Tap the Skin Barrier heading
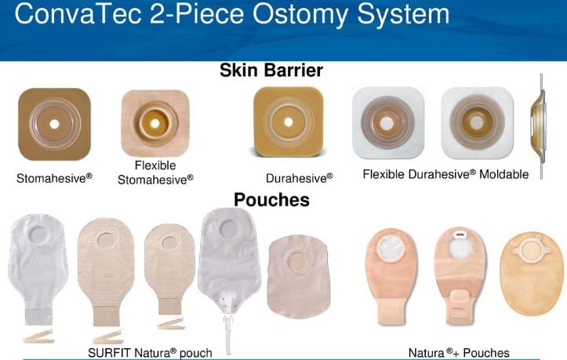pyautogui.click(x=272, y=71)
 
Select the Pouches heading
pyautogui.click(x=271, y=199)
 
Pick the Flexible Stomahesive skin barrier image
pyautogui.click(x=155, y=124)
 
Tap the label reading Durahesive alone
pyautogui.click(x=299, y=177)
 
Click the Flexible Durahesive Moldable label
pyautogui.click(x=445, y=174)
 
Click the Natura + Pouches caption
pyautogui.click(x=459, y=353)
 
